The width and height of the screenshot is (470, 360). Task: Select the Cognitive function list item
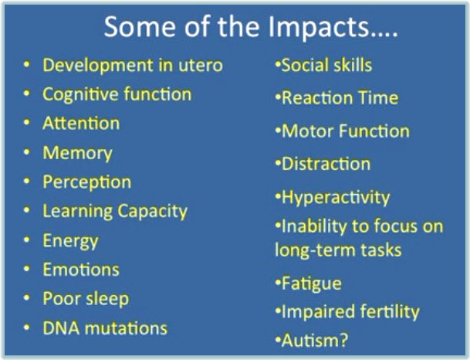point(117,94)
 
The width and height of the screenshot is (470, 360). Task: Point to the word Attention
point(81,124)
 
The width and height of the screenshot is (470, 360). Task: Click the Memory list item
point(77,153)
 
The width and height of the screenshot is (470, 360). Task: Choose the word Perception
point(86,182)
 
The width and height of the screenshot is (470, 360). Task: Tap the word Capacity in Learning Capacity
point(152,211)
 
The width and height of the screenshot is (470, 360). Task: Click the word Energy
point(70,240)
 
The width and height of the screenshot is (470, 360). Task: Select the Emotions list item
point(81,270)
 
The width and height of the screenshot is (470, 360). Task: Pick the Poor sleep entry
point(86,299)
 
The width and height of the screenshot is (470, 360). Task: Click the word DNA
point(59,328)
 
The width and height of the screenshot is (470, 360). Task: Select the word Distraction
point(326,164)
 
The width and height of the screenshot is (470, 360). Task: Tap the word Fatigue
point(311,284)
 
